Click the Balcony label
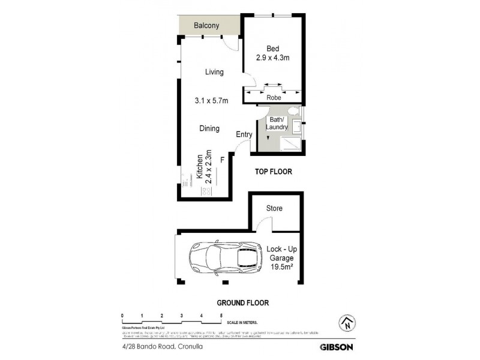(207, 26)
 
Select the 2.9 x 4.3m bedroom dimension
(274, 58)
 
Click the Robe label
(273, 97)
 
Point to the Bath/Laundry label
(277, 123)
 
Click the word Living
(214, 72)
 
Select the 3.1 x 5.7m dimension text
(211, 101)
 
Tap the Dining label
(209, 128)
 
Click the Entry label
(244, 134)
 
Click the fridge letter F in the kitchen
(222, 159)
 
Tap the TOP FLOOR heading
(273, 172)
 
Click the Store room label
(274, 208)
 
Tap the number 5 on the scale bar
(221, 315)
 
